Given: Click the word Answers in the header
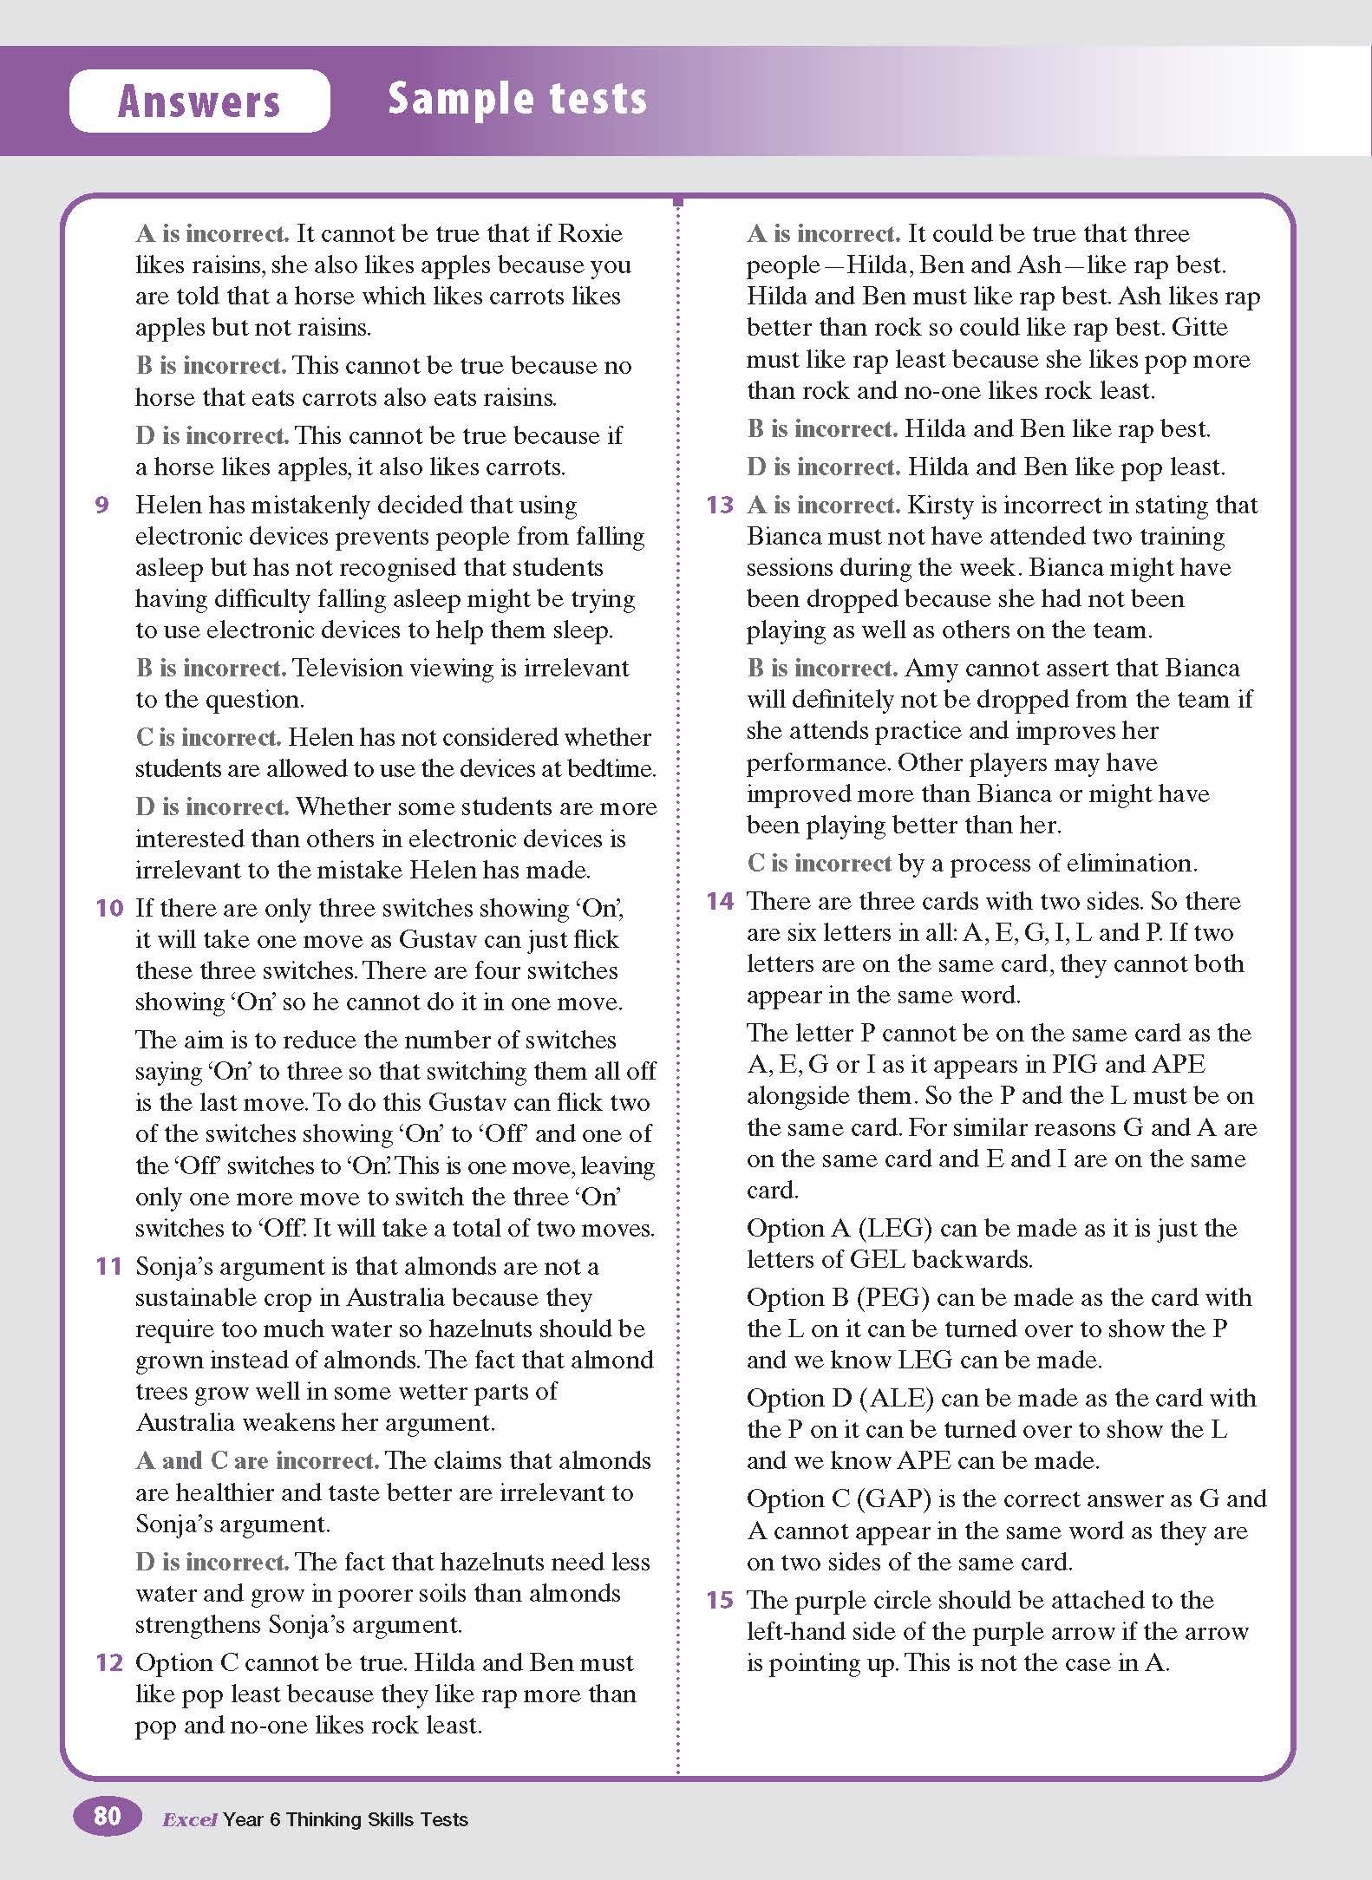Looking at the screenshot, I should [199, 101].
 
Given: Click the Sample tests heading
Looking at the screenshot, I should [517, 98].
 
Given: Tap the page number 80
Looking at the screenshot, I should [107, 1815].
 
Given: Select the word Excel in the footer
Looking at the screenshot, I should [189, 1819].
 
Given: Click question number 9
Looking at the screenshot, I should [102, 505].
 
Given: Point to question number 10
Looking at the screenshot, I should [109, 908].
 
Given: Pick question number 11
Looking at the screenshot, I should [109, 1266].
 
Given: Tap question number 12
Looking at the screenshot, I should [109, 1662].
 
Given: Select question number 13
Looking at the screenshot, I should [720, 505].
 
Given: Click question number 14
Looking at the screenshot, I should [720, 901].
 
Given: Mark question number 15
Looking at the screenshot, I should [720, 1600].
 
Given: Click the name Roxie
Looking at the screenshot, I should [590, 233].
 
